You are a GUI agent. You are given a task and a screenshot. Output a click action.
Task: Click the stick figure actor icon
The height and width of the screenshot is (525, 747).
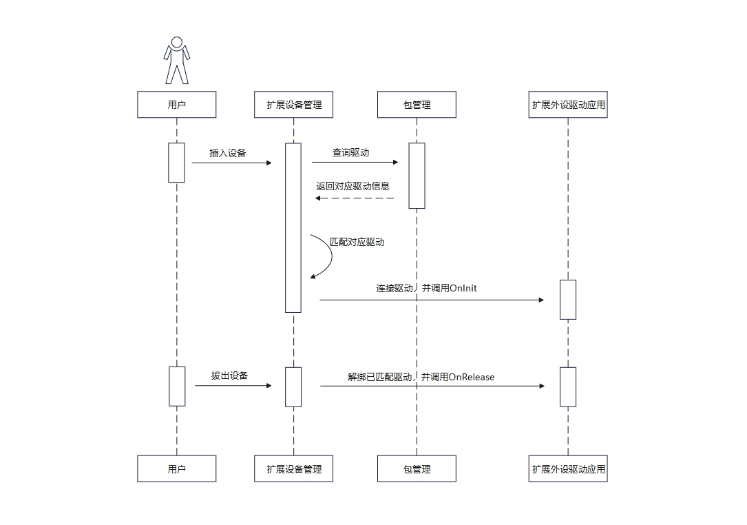click(177, 61)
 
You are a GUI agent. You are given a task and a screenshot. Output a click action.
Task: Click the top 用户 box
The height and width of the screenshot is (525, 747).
click(177, 105)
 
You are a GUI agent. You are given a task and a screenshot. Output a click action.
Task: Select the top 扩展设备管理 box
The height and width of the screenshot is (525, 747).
click(294, 105)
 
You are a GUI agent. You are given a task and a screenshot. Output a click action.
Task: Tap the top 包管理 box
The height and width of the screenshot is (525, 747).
click(417, 105)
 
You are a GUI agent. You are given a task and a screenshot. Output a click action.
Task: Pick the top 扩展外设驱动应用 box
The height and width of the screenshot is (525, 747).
click(568, 105)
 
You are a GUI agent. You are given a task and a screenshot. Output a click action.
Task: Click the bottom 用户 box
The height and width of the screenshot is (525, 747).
click(177, 469)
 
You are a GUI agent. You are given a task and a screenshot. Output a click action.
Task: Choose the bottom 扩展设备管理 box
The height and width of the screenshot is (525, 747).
click(294, 469)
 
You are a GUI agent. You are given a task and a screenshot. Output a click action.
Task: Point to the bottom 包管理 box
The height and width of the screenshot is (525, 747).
click(417, 469)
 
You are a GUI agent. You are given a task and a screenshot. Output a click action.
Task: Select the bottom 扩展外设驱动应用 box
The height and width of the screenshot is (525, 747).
click(568, 469)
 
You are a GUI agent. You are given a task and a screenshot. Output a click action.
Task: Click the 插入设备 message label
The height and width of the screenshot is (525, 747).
click(228, 153)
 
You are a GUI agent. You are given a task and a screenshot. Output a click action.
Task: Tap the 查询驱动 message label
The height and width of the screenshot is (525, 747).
click(350, 152)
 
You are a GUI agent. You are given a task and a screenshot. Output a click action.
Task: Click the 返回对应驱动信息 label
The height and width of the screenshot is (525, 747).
click(353, 186)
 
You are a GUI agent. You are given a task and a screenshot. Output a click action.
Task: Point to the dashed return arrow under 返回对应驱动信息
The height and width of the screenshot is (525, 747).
click(355, 198)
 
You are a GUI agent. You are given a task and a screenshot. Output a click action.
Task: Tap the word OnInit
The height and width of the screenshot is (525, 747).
click(463, 288)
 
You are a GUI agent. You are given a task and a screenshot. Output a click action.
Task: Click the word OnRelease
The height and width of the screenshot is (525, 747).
click(472, 377)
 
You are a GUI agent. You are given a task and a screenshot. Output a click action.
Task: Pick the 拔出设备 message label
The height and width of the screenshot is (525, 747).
click(229, 375)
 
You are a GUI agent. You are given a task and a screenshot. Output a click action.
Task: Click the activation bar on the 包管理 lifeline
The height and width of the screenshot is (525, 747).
click(417, 175)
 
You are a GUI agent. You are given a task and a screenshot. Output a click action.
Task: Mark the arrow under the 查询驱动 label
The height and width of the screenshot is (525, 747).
click(355, 163)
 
